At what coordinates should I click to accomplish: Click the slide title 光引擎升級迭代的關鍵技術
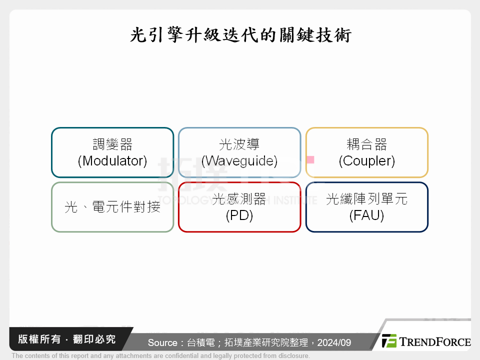(240, 35)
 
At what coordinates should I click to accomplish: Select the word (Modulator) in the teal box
(112, 161)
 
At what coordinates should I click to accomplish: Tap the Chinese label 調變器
(112, 145)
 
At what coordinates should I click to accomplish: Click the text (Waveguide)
(239, 161)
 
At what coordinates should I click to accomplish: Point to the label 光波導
(239, 145)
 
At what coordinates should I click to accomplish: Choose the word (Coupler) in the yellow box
(367, 161)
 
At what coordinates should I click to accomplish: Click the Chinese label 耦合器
(367, 145)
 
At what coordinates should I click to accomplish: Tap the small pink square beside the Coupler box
(310, 159)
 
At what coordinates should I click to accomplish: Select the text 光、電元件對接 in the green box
(112, 207)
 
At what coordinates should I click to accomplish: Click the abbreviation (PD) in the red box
(239, 215)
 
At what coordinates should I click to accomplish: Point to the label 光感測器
(239, 199)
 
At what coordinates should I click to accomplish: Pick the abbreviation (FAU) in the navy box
(367, 215)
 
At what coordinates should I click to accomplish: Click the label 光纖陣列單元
(367, 199)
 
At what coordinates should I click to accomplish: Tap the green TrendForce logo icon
(389, 341)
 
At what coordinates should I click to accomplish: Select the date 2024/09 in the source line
(334, 342)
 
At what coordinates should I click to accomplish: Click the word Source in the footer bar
(162, 342)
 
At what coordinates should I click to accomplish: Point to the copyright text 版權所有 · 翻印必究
(66, 339)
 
